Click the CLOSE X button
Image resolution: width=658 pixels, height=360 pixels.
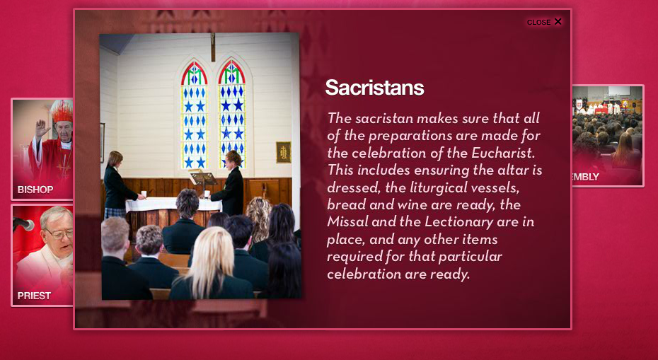tap(544, 22)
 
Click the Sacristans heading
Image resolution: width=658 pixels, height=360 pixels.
tap(374, 88)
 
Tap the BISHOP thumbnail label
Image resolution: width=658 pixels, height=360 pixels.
tap(35, 190)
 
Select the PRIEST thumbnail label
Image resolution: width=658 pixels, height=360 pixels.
tap(34, 296)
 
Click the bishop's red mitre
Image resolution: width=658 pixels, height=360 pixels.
tap(62, 111)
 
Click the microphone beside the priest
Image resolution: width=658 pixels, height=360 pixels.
tap(23, 224)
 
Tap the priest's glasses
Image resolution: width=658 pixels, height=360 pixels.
tap(59, 233)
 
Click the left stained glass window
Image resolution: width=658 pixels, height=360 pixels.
tap(194, 115)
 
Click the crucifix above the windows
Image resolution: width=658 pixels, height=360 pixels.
tap(213, 47)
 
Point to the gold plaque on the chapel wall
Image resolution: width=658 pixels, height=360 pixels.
tap(284, 152)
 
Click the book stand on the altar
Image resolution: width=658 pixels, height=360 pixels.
tap(202, 179)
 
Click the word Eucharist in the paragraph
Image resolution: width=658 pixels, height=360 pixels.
tap(503, 153)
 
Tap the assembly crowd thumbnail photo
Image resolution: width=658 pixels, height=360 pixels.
tap(607, 136)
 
